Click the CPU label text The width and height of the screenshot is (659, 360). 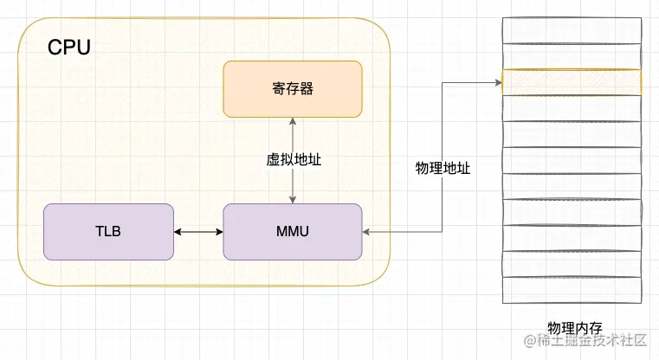coord(69,47)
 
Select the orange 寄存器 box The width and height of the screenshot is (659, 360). coord(293,88)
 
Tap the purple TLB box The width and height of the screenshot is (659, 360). coord(108,232)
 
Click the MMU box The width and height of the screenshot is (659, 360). coord(293,232)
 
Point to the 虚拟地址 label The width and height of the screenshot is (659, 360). coord(294,160)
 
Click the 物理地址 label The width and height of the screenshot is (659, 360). coord(443,169)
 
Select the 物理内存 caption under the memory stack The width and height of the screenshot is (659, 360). coord(572,327)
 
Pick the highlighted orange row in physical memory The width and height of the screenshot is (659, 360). coord(572,82)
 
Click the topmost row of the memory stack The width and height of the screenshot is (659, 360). coord(572,30)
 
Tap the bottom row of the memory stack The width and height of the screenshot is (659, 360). coord(572,290)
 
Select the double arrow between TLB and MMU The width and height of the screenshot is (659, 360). coord(198,232)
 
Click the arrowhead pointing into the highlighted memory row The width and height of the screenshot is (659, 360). coord(498,82)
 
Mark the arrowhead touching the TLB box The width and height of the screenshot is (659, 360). coord(178,232)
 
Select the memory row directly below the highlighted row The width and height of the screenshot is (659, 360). coord(572,108)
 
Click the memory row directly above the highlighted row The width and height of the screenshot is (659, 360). coord(572,56)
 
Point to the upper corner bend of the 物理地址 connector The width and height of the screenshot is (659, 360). coord(443,82)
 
